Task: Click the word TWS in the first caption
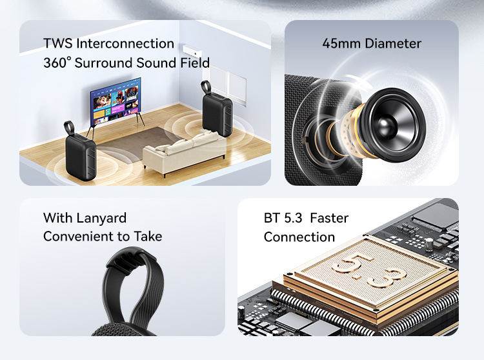coord(57,44)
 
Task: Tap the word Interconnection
coord(125,44)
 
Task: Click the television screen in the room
coord(115,100)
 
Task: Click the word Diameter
coord(393,44)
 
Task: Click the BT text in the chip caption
coord(272,218)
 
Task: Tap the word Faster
coord(329,218)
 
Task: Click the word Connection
coord(299,237)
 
